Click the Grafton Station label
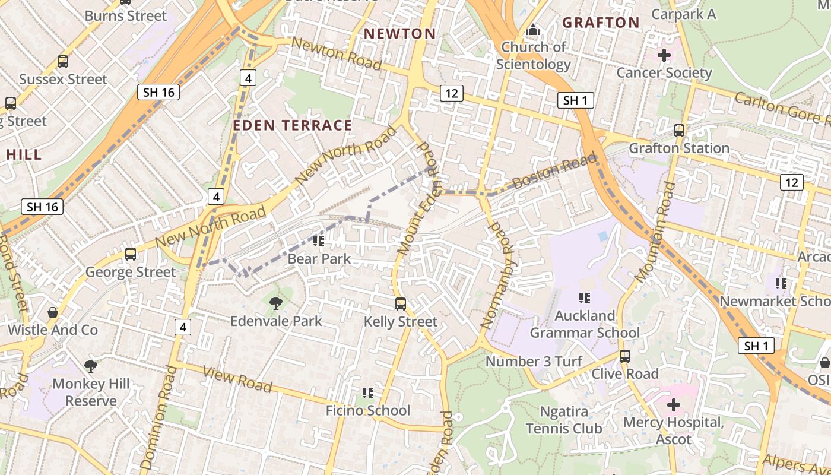pyautogui.click(x=679, y=148)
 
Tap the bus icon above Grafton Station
pyautogui.click(x=679, y=131)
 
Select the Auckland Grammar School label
pyautogui.click(x=585, y=324)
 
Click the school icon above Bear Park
pyautogui.click(x=319, y=241)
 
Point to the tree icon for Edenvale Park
pyautogui.click(x=275, y=304)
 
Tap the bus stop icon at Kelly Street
pyautogui.click(x=401, y=304)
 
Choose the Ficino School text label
pyautogui.click(x=367, y=410)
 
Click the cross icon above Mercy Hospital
pyautogui.click(x=673, y=405)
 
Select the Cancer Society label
pyautogui.click(x=664, y=72)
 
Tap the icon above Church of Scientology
pyautogui.click(x=533, y=30)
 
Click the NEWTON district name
pyautogui.click(x=399, y=34)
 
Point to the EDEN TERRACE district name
pyautogui.click(x=293, y=125)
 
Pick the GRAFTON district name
pyautogui.click(x=601, y=23)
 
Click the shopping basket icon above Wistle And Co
pyautogui.click(x=53, y=312)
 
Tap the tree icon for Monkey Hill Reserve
pyautogui.click(x=90, y=366)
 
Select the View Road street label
pyautogui.click(x=237, y=379)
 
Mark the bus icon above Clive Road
pyautogui.click(x=624, y=356)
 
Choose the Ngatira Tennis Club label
pyautogui.click(x=563, y=420)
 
